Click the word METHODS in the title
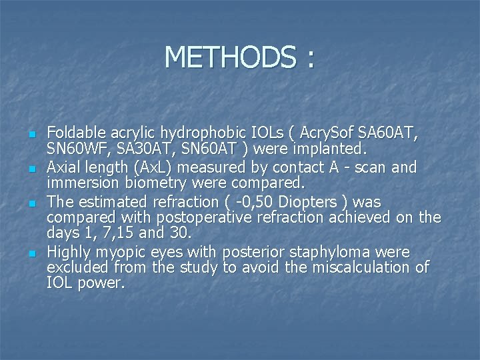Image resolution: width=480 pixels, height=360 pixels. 227,57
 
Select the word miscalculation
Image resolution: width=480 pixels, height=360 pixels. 355,267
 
